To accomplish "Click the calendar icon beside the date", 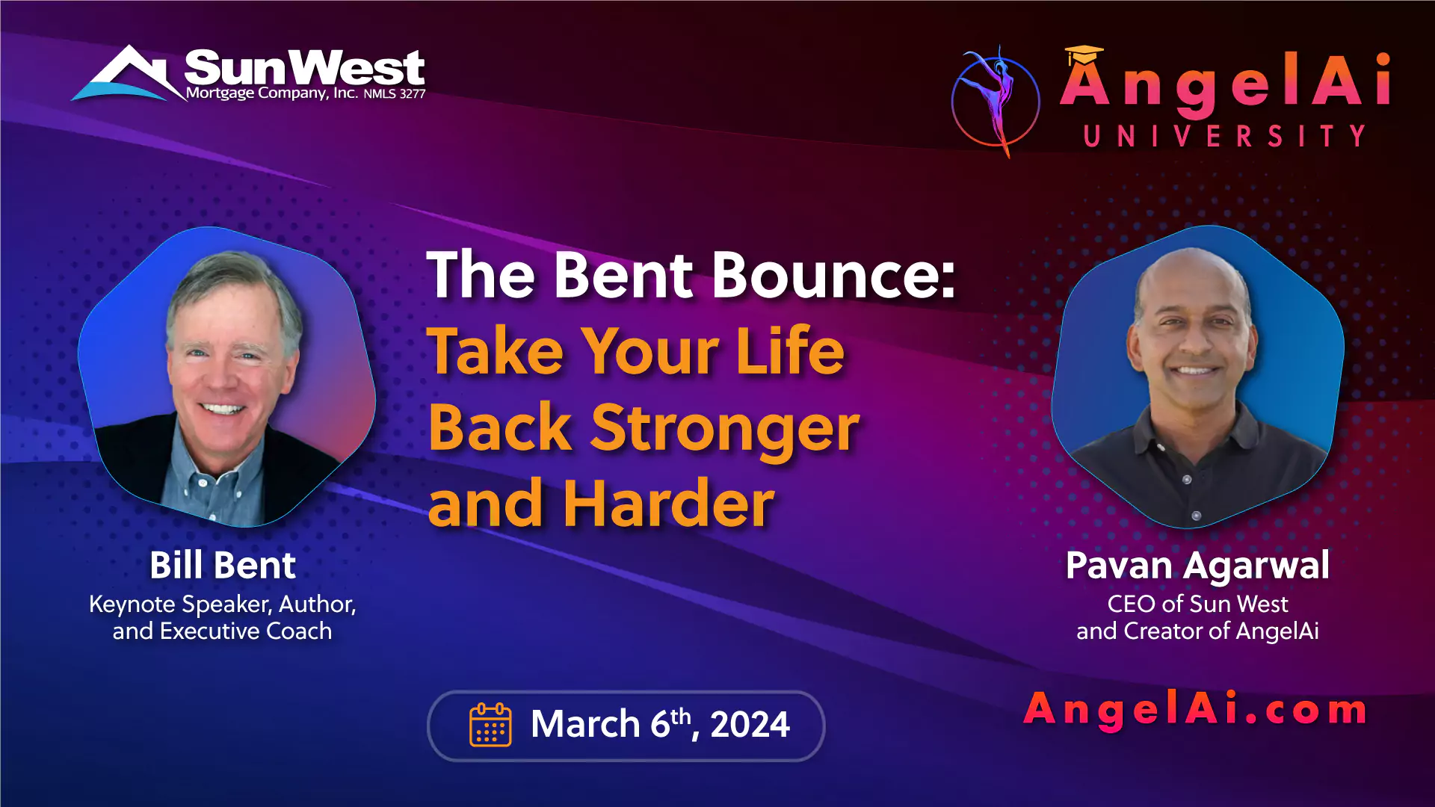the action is [x=490, y=724].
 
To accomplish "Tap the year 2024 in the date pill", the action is [x=750, y=724].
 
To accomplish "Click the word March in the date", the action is [x=585, y=724].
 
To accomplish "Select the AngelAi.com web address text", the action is [x=1195, y=708].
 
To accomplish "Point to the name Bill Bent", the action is [x=223, y=565].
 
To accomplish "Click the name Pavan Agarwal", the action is [x=1197, y=566].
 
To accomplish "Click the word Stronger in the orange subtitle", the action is [x=725, y=428].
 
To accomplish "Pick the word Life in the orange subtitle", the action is [x=790, y=350].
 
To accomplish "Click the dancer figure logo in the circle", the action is [x=995, y=101].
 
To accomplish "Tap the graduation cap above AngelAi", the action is [x=1084, y=55].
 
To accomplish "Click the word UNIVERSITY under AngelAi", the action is [x=1225, y=136].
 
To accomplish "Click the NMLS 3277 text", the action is [x=395, y=94].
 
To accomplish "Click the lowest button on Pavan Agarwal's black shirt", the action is [x=1197, y=516].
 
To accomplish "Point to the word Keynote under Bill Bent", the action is [x=132, y=605].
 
